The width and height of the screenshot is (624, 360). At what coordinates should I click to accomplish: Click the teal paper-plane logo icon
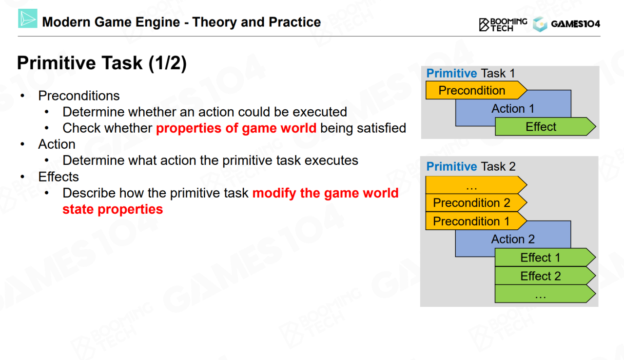tap(28, 19)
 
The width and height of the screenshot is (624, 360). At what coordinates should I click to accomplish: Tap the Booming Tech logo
tap(503, 24)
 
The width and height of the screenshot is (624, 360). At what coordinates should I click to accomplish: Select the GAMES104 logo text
tap(576, 24)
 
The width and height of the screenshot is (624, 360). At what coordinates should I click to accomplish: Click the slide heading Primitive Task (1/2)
tap(102, 63)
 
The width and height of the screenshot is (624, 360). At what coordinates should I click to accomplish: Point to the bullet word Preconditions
tap(79, 96)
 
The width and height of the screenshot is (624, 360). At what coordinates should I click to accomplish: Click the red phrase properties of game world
tap(236, 128)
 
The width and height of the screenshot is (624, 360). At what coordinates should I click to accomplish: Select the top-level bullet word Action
tap(57, 144)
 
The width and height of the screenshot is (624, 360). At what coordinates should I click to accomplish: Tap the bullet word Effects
tap(58, 177)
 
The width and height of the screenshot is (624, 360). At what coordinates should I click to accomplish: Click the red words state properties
tap(113, 209)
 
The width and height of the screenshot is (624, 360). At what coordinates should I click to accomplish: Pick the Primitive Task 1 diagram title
tap(470, 73)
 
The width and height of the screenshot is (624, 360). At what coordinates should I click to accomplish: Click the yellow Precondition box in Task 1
tap(476, 90)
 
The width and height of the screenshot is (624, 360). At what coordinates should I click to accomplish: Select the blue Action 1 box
tap(513, 108)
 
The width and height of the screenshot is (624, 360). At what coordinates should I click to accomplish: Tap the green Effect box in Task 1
tap(545, 127)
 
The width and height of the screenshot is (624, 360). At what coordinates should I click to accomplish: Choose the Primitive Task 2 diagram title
tap(471, 166)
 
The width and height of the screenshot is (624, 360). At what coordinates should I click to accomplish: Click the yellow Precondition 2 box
tap(476, 202)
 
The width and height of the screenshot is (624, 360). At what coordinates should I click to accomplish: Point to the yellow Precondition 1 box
tap(476, 221)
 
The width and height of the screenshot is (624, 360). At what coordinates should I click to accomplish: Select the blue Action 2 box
tap(513, 239)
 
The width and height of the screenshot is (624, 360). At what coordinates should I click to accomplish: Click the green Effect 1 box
tap(545, 258)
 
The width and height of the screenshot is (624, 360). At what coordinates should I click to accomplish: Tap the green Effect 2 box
tap(545, 276)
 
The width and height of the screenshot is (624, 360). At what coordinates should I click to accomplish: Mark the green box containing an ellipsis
tap(545, 294)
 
